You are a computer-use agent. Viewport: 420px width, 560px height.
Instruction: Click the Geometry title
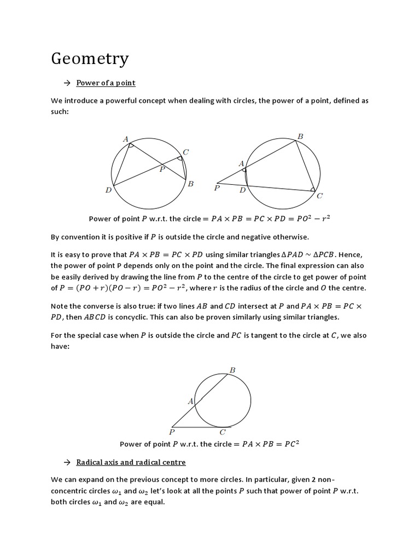point(90,59)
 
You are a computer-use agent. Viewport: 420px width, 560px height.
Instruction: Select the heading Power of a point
point(106,83)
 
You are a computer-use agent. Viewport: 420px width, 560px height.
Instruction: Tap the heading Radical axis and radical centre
point(131,462)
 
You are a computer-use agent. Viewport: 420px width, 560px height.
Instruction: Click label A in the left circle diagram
point(126,140)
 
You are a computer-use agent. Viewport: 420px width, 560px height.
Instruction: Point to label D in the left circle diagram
point(109,190)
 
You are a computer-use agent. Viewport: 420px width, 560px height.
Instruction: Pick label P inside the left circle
point(162,170)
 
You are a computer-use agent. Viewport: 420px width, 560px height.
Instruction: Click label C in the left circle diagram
point(186,152)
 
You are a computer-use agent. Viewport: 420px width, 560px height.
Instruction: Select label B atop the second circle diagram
point(300,136)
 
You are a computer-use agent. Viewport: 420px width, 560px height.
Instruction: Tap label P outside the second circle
point(217,188)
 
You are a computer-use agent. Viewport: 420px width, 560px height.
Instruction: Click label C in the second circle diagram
point(319,195)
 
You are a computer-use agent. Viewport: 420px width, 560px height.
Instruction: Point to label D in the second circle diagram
point(242,190)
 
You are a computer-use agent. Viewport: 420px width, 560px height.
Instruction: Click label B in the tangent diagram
point(232,370)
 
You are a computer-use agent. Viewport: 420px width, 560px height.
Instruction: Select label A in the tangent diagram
point(190,401)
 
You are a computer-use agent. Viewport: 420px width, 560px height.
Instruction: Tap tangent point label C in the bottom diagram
point(223,432)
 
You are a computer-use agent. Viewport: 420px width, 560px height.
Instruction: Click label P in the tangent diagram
point(172,432)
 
